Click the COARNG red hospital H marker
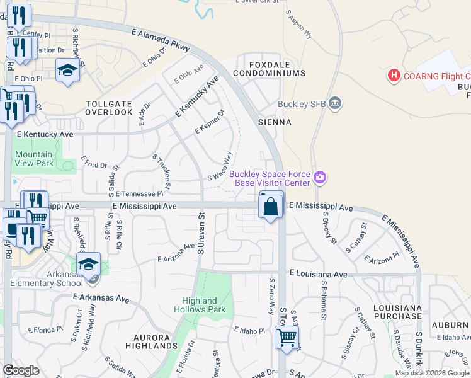394,76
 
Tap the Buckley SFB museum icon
334,103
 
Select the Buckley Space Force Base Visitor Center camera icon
320,178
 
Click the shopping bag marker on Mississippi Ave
271,206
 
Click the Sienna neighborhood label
275,122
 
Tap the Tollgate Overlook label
108,108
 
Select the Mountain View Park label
34,159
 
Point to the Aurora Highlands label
151,341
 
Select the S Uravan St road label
201,234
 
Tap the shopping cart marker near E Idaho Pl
287,338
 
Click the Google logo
21,370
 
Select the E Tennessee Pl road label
139,194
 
